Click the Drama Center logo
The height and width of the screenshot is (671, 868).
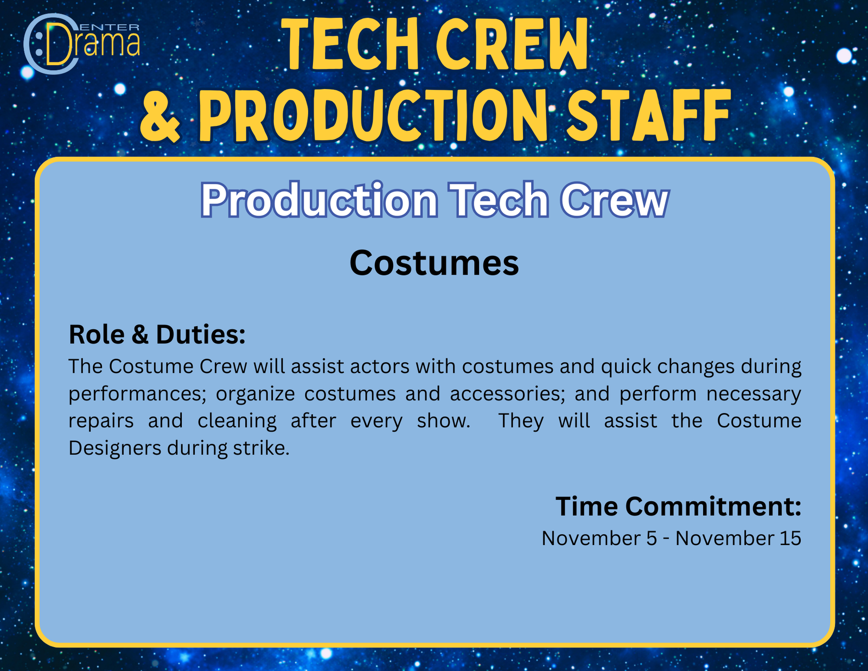click(x=81, y=44)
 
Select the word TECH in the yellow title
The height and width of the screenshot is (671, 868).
click(x=350, y=45)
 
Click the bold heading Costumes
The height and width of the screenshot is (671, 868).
click(x=434, y=263)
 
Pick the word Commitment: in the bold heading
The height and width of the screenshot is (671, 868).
click(x=713, y=507)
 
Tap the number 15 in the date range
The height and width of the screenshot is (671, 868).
click(x=790, y=538)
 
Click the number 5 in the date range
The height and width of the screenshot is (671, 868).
click(x=652, y=539)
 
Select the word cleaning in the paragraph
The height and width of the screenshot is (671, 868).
click(x=237, y=421)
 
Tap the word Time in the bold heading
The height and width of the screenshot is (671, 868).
click(x=586, y=507)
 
